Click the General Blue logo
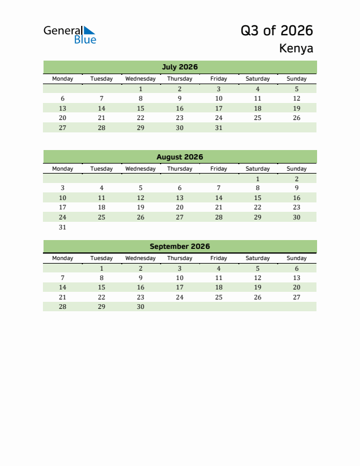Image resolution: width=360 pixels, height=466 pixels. click(69, 35)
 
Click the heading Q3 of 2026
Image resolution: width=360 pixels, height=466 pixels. click(276, 31)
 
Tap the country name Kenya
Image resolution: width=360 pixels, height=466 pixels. click(296, 49)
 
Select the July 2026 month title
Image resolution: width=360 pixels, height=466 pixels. click(179, 67)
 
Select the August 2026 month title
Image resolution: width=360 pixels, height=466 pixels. click(179, 157)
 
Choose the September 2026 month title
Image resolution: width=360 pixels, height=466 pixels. click(179, 247)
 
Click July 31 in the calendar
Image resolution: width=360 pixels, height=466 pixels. click(218, 128)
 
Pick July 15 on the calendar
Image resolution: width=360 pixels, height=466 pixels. click(141, 108)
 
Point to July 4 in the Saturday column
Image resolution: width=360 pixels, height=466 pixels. click(258, 89)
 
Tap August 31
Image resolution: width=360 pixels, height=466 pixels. click(63, 227)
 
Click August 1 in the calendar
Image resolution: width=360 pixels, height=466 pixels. click(258, 179)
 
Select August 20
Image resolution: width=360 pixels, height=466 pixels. click(179, 208)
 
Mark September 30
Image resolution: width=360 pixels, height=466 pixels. click(141, 307)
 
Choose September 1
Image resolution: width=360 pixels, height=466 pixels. click(102, 268)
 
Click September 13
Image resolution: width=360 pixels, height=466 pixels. click(296, 278)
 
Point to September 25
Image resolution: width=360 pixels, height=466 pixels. click(218, 297)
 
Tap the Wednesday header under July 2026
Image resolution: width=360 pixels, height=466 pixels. click(141, 79)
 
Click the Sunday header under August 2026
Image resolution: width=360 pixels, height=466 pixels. click(296, 169)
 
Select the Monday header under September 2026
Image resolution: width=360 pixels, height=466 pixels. click(63, 258)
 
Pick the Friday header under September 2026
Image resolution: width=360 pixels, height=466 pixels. click(218, 258)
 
